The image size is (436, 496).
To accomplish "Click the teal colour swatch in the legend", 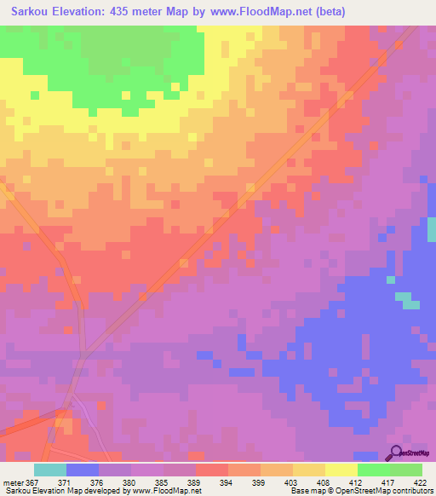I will (x=50, y=470).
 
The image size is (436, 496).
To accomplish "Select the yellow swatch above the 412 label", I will (x=341, y=470).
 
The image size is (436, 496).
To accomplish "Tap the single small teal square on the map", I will (x=390, y=279).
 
